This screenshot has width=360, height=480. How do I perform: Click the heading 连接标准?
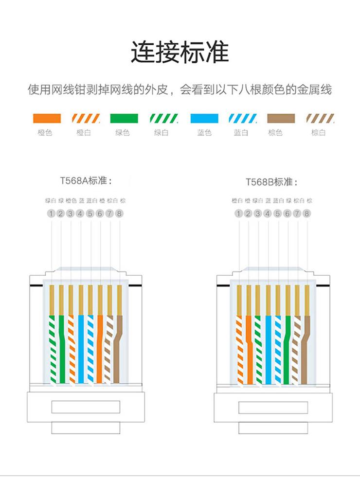click(180, 53)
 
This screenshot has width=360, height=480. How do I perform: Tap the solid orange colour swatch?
click(47, 118)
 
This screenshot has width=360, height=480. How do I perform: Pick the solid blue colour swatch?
click(204, 118)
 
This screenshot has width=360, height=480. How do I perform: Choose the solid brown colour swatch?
click(282, 118)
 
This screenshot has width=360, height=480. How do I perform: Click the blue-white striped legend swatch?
click(243, 118)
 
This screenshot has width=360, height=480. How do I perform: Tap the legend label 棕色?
click(275, 133)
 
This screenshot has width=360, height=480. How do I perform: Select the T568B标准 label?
click(271, 182)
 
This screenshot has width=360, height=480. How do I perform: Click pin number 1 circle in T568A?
click(51, 213)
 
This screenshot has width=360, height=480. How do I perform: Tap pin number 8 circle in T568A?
click(120, 213)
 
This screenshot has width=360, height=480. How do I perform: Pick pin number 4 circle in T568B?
click(268, 213)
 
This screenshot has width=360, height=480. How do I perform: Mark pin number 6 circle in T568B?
click(287, 213)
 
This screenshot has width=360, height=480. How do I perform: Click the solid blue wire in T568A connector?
click(81, 345)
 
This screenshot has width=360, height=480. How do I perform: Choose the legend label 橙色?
click(45, 133)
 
